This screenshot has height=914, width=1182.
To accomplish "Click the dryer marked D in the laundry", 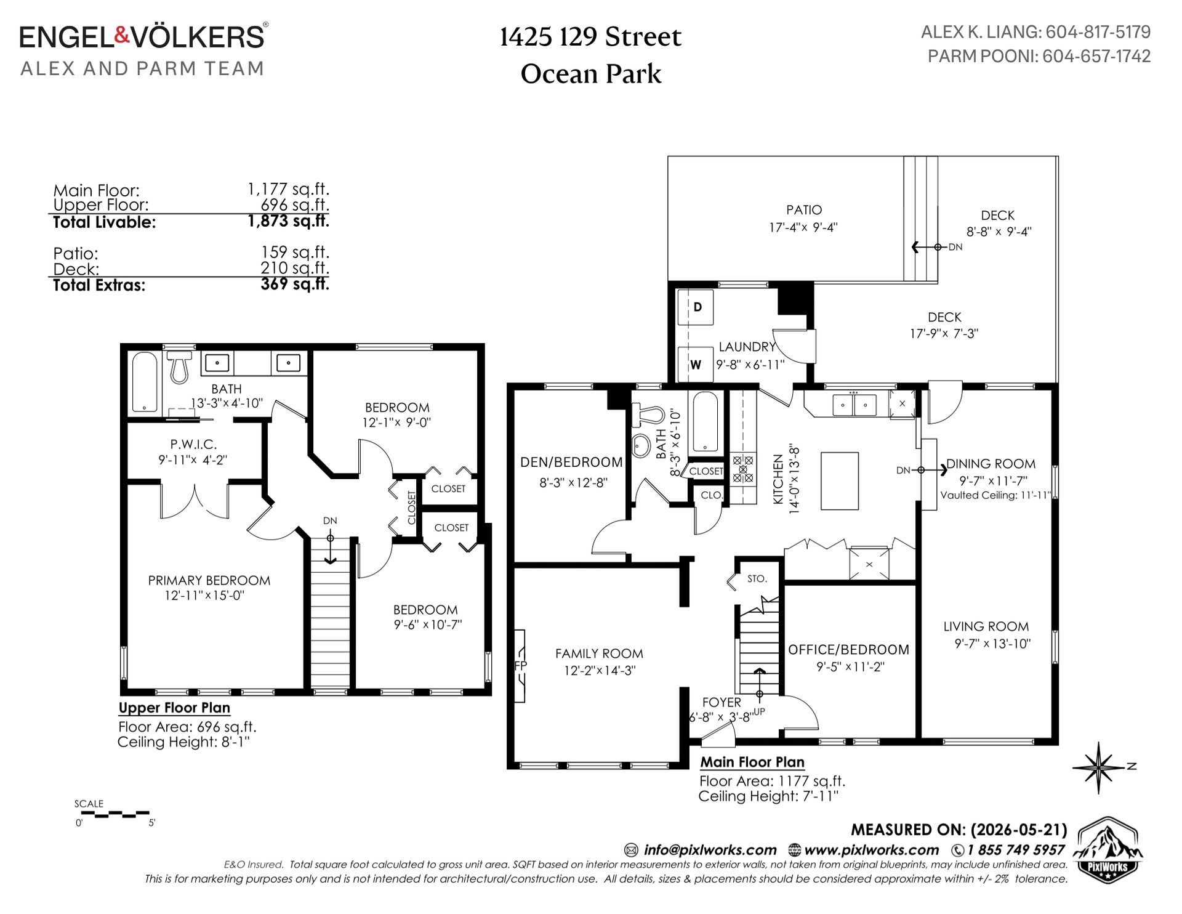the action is (x=696, y=307).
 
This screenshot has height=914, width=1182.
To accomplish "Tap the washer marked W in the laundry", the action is (x=696, y=365).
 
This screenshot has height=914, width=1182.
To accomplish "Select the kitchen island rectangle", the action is (x=840, y=481).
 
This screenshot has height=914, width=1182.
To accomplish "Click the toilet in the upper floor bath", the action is (x=179, y=366).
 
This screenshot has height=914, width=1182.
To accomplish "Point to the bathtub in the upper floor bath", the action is (x=145, y=382).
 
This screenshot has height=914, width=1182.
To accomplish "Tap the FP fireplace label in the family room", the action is (x=521, y=666).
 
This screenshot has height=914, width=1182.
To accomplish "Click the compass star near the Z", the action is (x=1098, y=767).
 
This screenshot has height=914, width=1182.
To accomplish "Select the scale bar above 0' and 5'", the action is (x=115, y=814).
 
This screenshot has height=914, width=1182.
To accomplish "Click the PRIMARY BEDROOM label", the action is (x=209, y=580).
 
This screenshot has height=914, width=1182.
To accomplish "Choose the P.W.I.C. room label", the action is (x=193, y=444).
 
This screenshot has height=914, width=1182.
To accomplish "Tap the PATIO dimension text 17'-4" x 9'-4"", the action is (x=803, y=227).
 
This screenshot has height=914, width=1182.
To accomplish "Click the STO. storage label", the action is (x=757, y=579).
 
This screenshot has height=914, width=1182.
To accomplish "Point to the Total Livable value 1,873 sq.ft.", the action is (x=289, y=221).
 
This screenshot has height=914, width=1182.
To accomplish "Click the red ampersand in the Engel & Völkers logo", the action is (x=122, y=36).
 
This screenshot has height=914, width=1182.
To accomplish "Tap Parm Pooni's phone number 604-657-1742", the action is (x=1096, y=56).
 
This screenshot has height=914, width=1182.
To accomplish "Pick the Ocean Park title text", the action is (x=591, y=75).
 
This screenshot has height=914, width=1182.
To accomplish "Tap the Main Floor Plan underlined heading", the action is (x=752, y=762).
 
